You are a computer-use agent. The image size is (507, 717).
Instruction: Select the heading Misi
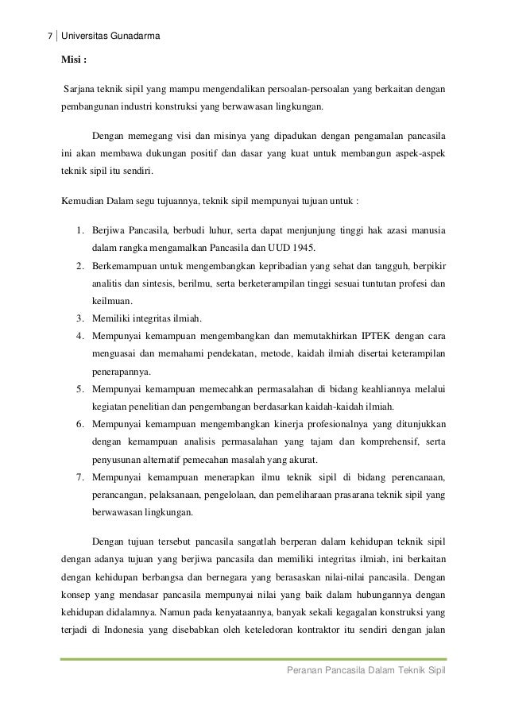click(x=75, y=61)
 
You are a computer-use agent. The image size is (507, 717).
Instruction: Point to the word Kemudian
click(x=84, y=201)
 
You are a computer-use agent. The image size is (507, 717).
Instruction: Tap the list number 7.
click(x=80, y=476)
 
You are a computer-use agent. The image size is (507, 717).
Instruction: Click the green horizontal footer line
click(x=253, y=658)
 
